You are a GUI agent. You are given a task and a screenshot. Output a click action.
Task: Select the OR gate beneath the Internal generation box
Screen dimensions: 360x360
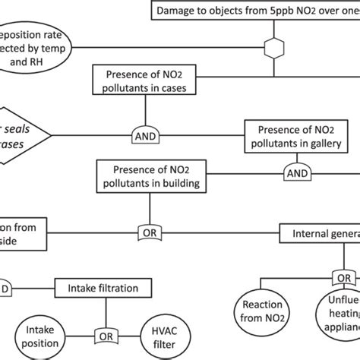344,278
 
